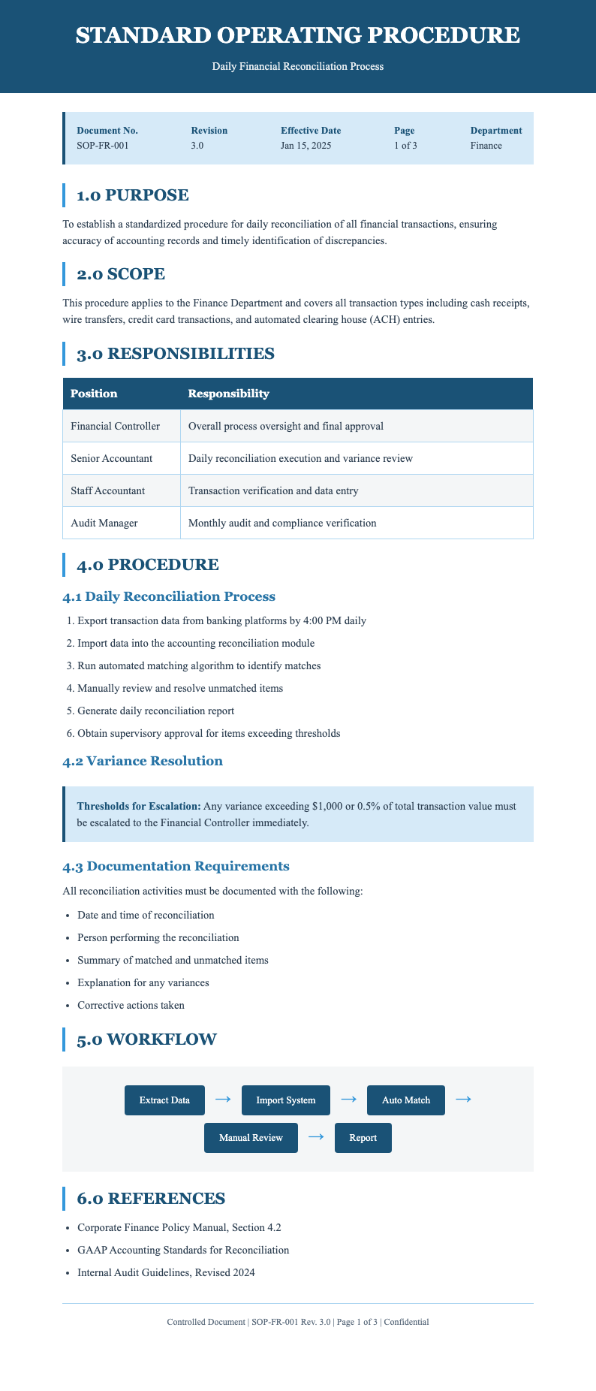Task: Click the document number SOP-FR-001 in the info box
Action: click(103, 146)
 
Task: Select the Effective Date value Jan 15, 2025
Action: click(306, 146)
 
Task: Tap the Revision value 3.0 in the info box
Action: click(197, 146)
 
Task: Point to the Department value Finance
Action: click(486, 146)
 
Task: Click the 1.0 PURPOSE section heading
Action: click(132, 195)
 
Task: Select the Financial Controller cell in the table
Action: click(115, 426)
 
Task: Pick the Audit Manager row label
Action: click(105, 523)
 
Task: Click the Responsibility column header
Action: click(228, 394)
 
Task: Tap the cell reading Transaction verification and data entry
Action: click(273, 490)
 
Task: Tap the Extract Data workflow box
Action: click(164, 1100)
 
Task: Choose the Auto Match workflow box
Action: click(406, 1100)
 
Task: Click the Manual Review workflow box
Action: click(251, 1138)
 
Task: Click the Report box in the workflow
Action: click(363, 1138)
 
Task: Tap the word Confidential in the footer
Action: click(406, 1322)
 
